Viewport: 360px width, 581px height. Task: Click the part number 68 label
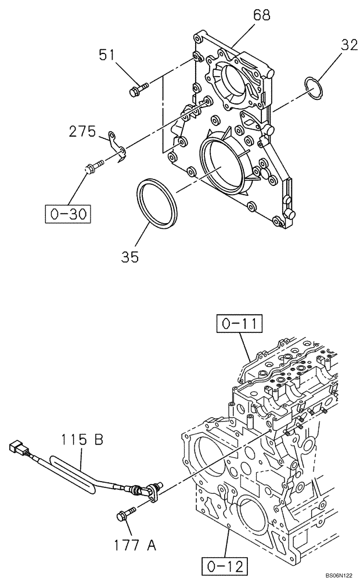point(261,16)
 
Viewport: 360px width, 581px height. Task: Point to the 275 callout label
point(81,132)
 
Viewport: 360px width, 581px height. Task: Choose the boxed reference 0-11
point(239,322)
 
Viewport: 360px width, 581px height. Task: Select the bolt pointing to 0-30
point(93,167)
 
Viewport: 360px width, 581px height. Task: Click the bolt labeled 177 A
point(126,514)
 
